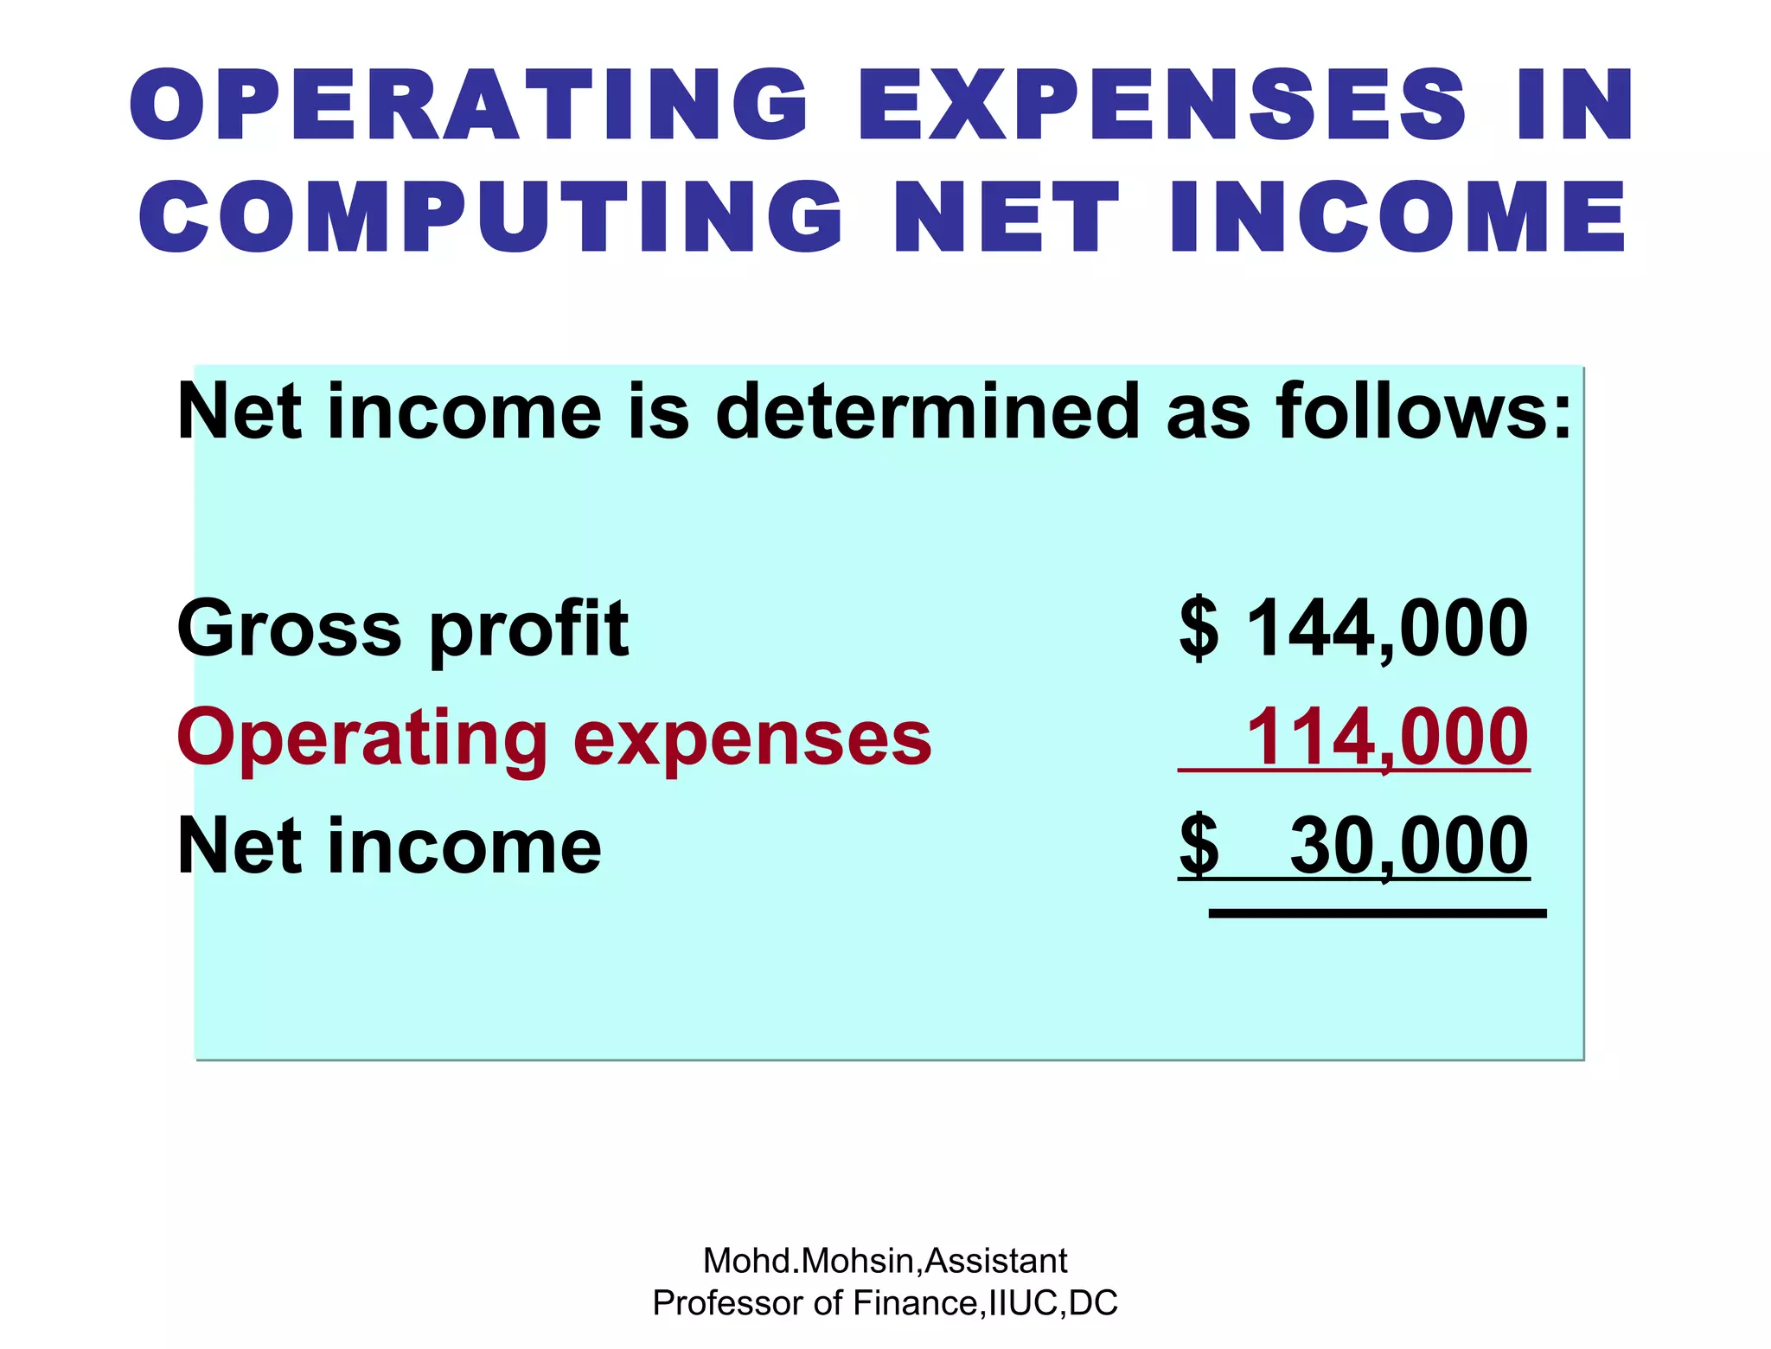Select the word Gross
289,629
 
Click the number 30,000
1409,846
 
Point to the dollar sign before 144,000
1199,629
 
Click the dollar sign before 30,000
1199,846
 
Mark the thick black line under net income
1377,913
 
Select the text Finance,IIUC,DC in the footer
985,1303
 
